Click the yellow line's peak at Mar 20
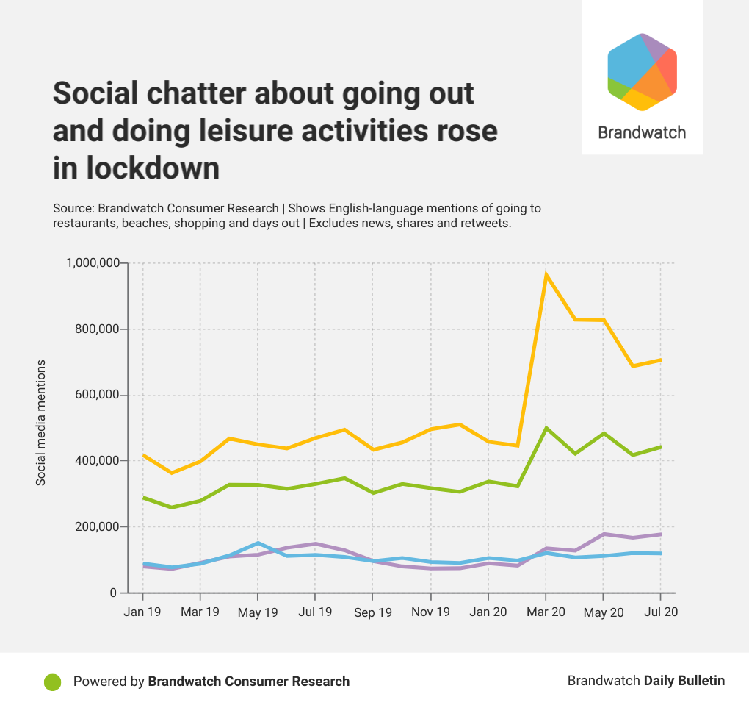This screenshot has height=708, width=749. coord(546,275)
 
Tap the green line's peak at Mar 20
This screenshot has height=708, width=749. coord(546,428)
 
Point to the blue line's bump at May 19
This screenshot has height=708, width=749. coord(258,543)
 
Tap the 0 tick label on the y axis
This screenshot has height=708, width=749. coord(113,593)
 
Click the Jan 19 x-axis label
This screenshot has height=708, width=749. coord(142,612)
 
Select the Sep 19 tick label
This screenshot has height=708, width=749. coord(372,612)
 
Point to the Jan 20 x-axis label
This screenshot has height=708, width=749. coord(488,612)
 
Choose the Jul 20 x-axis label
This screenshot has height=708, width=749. coord(661,612)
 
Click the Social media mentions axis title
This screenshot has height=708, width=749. coord(41,422)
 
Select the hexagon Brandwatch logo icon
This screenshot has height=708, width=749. coord(642,71)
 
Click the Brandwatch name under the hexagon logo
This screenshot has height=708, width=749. coord(642,132)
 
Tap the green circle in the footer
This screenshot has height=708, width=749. coord(52,682)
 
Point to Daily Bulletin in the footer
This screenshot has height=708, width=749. coord(684,681)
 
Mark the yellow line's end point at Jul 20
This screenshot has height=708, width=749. coord(661,360)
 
